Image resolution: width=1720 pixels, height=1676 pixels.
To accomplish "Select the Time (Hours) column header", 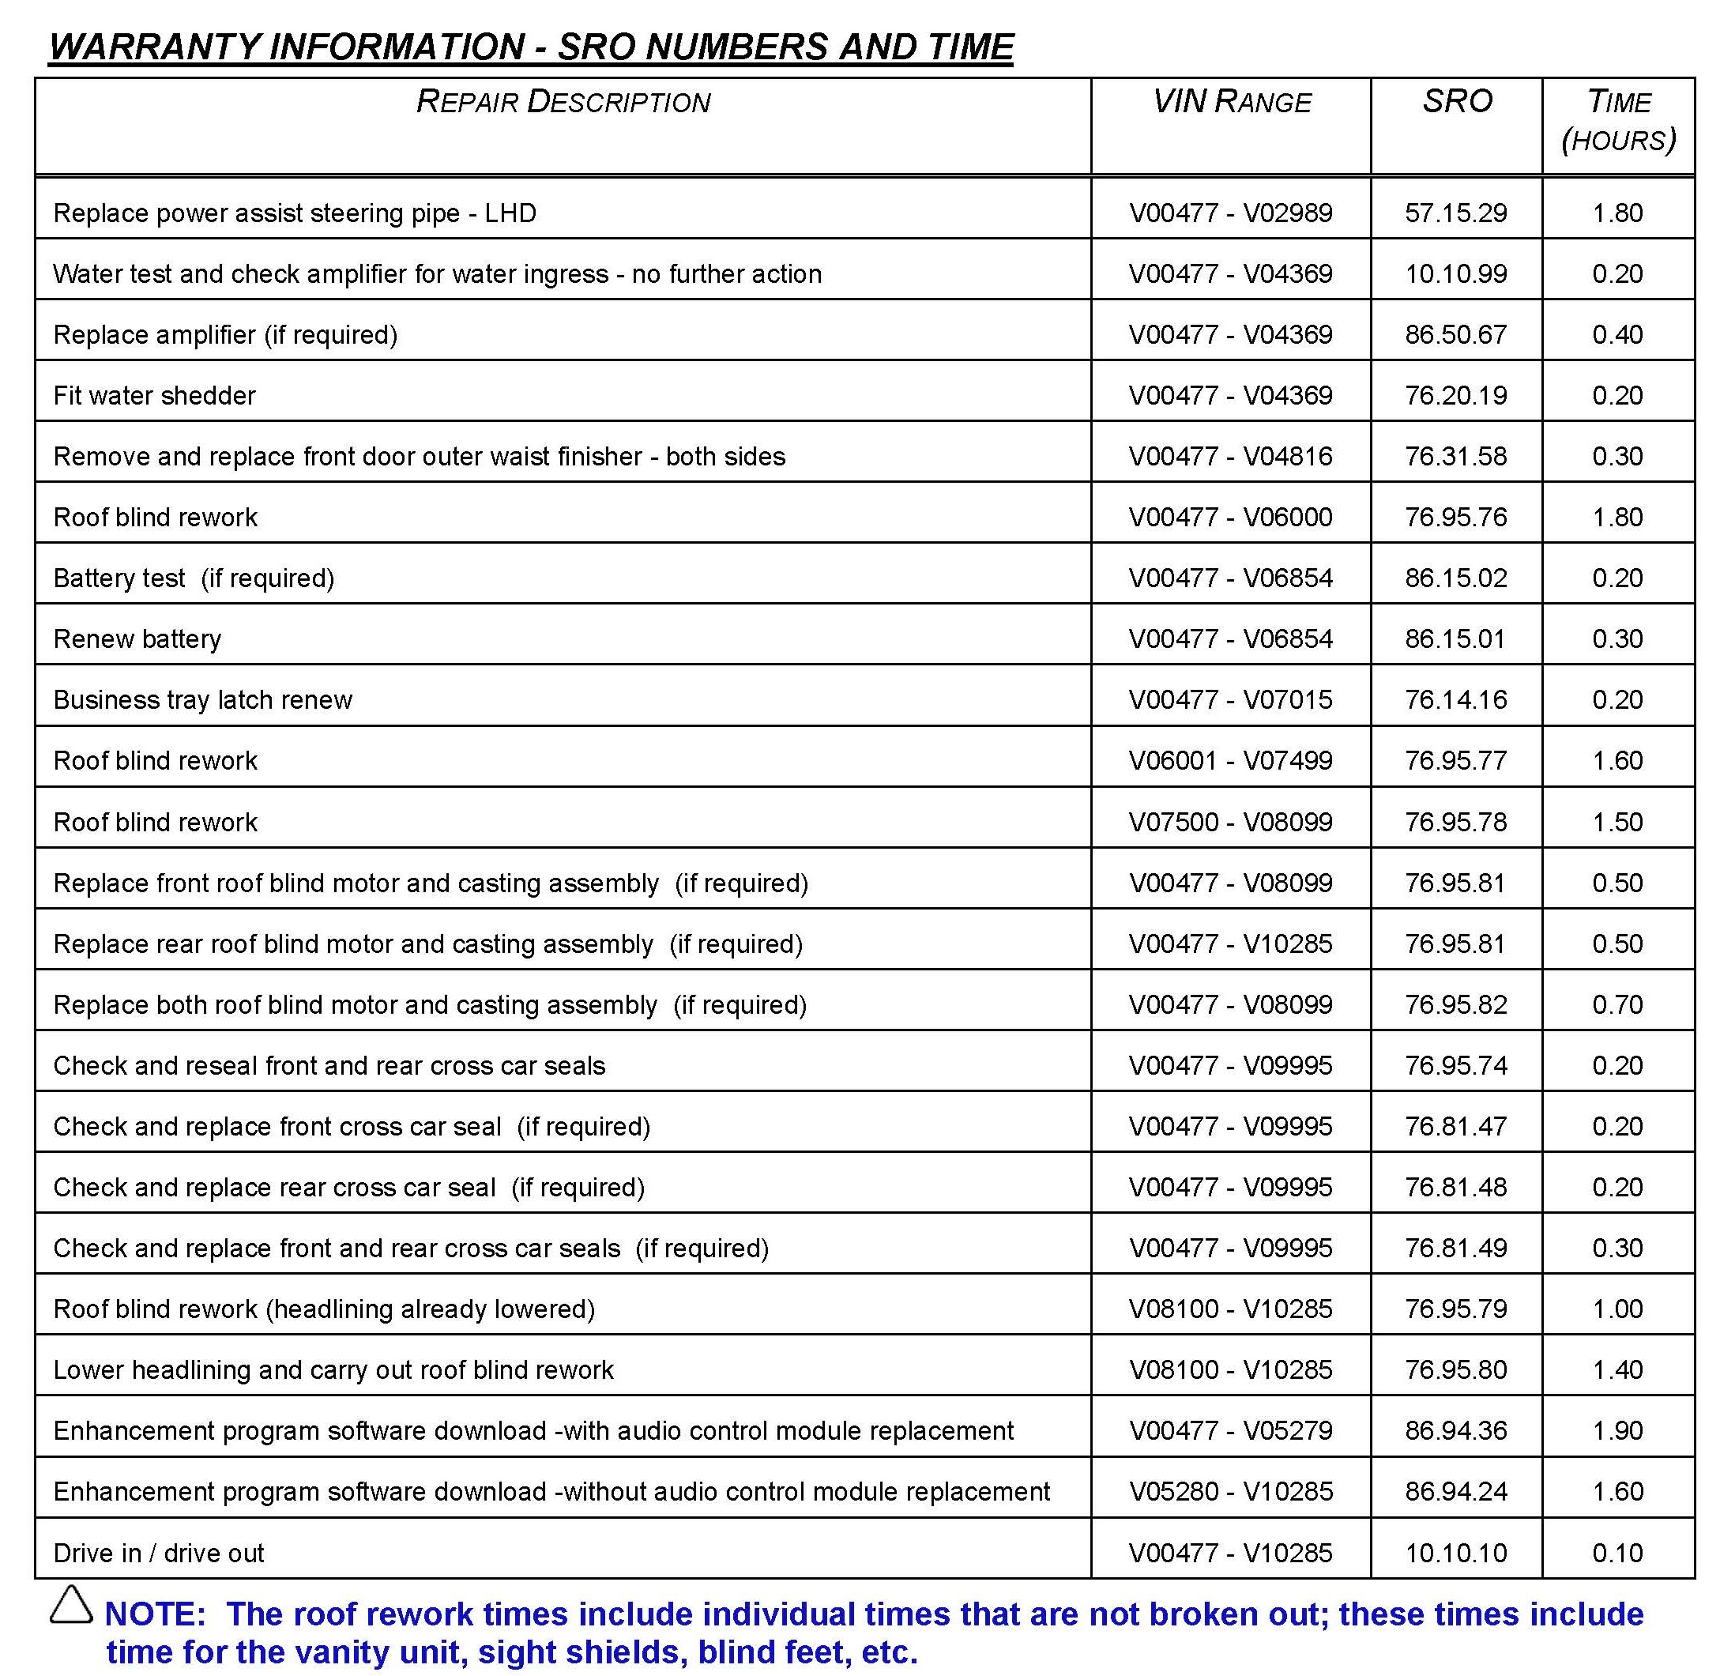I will click(1618, 121).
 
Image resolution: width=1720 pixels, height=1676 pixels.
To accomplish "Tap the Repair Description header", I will click(563, 102).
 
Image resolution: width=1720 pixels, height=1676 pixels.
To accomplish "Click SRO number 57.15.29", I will click(1456, 213).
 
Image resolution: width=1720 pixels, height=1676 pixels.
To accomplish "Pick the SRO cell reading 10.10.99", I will click(1456, 273).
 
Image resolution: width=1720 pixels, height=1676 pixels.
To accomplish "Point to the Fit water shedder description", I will click(154, 395).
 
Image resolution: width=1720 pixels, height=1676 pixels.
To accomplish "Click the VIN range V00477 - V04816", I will click(1231, 456).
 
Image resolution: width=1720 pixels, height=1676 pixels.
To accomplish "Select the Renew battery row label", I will click(137, 639).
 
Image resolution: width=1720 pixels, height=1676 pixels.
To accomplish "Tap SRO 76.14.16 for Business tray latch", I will click(1456, 700).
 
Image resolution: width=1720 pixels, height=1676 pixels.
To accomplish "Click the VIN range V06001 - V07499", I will click(1231, 760).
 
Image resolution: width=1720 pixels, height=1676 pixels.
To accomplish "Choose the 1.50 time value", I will click(1618, 822).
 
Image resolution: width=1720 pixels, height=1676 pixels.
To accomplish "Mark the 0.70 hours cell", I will click(1618, 1004).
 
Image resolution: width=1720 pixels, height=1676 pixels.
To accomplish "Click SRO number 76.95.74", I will click(1456, 1065).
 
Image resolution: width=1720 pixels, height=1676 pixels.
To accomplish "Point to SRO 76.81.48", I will click(1456, 1187).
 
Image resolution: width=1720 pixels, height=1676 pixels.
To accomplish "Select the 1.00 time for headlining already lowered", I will click(1618, 1309).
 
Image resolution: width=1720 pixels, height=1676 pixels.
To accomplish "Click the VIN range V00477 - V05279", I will click(1231, 1430).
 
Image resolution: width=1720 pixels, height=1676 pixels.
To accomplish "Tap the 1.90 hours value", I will click(1618, 1430).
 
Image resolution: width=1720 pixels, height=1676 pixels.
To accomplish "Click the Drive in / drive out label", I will click(159, 1553).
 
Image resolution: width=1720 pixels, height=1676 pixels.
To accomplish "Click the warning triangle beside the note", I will click(70, 1605).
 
